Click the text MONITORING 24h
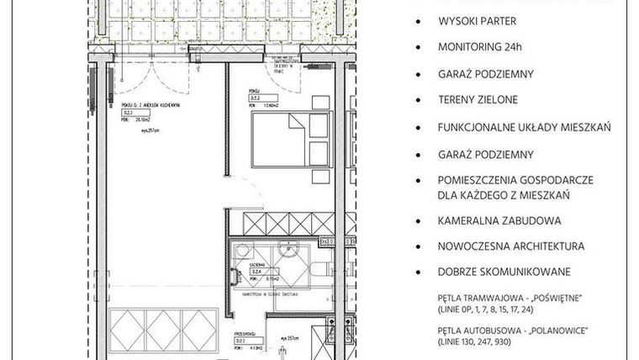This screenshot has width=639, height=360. pos(479,48)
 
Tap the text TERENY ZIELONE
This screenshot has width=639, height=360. pos(477,100)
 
